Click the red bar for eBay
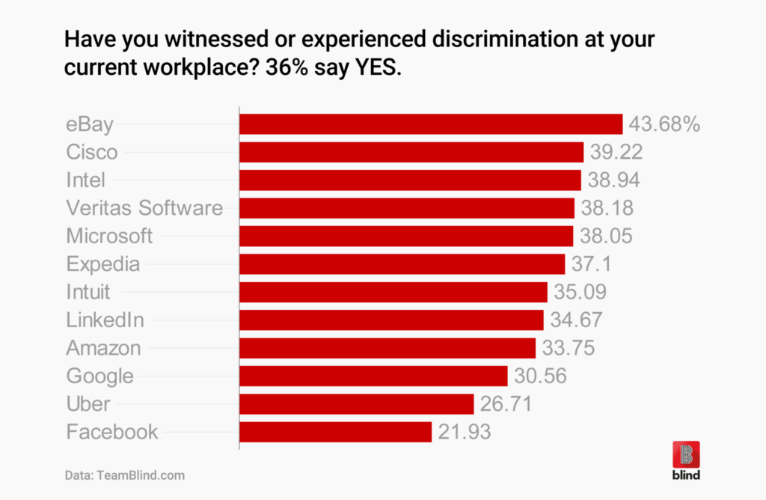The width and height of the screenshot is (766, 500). click(x=431, y=124)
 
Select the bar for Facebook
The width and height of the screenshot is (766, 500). click(x=335, y=432)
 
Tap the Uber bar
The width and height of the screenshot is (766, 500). click(x=356, y=404)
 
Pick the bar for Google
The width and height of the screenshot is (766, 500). click(x=373, y=376)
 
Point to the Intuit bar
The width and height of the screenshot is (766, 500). click(x=393, y=292)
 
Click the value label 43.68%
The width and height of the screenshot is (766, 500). click(x=664, y=124)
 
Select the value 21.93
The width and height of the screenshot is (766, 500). click(x=465, y=432)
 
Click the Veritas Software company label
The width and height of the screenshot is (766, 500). click(x=144, y=208)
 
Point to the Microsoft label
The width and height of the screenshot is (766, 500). click(x=109, y=236)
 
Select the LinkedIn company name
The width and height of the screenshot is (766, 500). click(x=105, y=320)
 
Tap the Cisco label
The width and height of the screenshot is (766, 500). click(x=92, y=152)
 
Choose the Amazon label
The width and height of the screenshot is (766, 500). click(x=103, y=348)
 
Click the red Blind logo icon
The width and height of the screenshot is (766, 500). click(x=686, y=454)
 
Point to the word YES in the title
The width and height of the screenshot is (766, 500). click(x=380, y=67)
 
